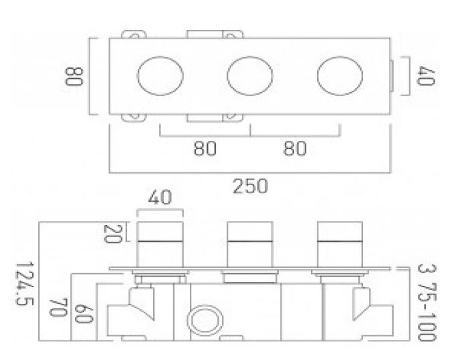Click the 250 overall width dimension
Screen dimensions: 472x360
pyautogui.click(x=250, y=186)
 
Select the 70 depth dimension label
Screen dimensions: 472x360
pyautogui.click(x=57, y=307)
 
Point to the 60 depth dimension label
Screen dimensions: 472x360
pyautogui.click(x=84, y=313)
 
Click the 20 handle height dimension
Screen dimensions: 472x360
pyautogui.click(x=112, y=234)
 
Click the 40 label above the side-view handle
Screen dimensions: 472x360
pyautogui.click(x=160, y=197)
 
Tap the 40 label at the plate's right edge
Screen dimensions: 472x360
pyautogui.click(x=426, y=76)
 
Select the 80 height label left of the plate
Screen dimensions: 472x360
pyautogui.click(x=74, y=76)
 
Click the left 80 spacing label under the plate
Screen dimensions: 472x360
pyautogui.click(x=205, y=148)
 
